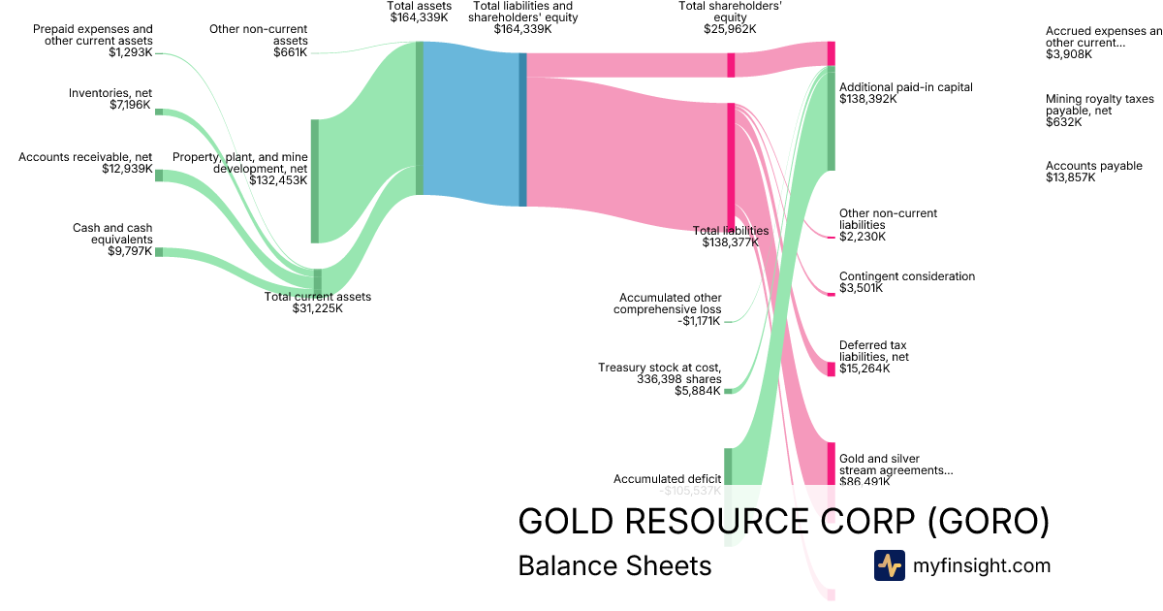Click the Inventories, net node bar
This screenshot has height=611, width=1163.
[x=160, y=113]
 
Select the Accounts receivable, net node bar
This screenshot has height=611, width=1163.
[x=160, y=176]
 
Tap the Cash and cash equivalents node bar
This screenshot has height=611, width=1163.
[x=160, y=252]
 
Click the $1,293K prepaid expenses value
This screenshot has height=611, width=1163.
[x=130, y=52]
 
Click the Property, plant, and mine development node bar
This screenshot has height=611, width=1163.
[x=314, y=180]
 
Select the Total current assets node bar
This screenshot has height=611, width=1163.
[x=317, y=280]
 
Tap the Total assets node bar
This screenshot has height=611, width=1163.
[x=420, y=118]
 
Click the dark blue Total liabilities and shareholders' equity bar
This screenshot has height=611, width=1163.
[x=522, y=129]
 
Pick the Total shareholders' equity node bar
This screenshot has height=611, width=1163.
[x=731, y=65]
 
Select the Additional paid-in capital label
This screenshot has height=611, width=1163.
[x=905, y=87]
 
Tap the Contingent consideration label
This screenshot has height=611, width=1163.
[x=907, y=276]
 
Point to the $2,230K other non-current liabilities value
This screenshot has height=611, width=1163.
[x=863, y=237]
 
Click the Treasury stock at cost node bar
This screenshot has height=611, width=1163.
[x=728, y=391]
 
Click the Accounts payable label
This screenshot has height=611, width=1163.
[x=1093, y=166]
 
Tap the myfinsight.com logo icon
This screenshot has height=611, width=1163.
[x=889, y=565]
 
